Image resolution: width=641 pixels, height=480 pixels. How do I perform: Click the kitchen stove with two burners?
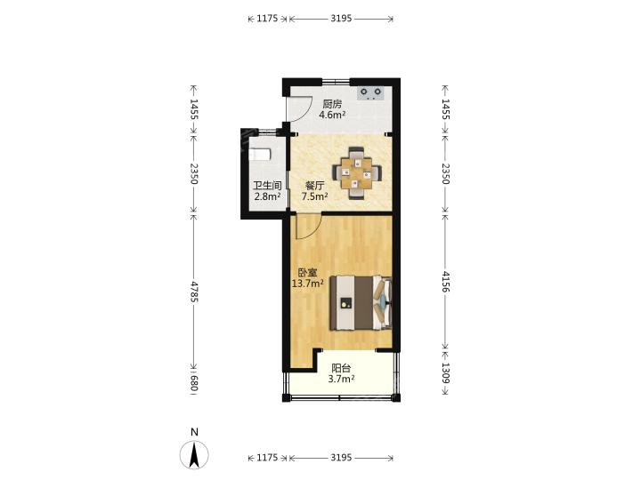[370, 93]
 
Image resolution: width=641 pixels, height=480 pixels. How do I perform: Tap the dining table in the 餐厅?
[357, 173]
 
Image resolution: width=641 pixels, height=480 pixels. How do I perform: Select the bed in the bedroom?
[361, 302]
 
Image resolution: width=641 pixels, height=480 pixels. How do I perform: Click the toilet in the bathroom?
[260, 155]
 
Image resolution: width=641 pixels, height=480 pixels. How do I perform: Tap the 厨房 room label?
[332, 105]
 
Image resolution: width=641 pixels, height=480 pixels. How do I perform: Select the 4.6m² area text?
[332, 115]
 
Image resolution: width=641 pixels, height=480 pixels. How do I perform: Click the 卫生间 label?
[267, 186]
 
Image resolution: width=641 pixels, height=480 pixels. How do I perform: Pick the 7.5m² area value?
[314, 196]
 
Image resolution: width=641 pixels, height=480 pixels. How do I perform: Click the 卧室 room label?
[307, 272]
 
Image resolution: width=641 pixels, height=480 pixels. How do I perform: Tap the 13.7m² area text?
[308, 283]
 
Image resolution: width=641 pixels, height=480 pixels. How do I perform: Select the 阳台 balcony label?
[341, 368]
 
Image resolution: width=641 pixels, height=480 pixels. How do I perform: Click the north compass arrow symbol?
[194, 454]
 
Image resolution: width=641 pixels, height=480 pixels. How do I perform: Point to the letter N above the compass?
[195, 432]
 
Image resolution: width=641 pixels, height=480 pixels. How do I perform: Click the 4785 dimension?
[194, 291]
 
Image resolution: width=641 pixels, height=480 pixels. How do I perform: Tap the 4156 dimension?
[445, 281]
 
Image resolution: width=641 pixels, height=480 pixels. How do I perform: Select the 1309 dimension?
[445, 373]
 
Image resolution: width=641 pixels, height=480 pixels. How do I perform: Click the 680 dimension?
[194, 383]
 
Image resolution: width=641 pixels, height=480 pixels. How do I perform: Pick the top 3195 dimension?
[341, 19]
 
